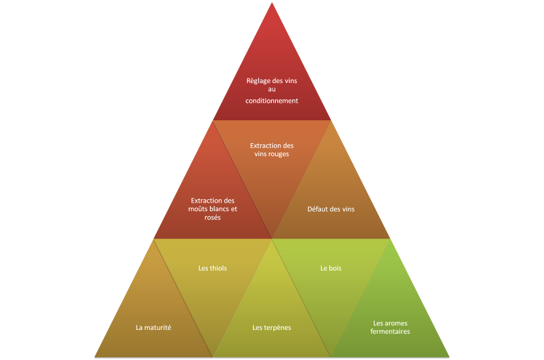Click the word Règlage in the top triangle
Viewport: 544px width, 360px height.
(258, 81)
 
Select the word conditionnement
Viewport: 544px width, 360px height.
(272, 101)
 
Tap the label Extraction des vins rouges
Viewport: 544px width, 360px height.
(272, 150)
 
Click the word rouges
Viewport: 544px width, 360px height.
(277, 154)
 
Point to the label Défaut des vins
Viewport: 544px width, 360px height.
(331, 209)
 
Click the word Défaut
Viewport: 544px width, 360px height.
(318, 209)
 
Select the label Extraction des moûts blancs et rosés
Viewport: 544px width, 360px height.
(212, 208)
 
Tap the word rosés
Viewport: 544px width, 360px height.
(212, 217)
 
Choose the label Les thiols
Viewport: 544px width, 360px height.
(212, 268)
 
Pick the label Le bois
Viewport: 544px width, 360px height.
(331, 268)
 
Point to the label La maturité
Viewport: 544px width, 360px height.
(154, 327)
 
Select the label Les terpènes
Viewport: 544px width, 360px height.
(272, 327)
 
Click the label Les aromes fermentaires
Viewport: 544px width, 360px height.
(390, 327)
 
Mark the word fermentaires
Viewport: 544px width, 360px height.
(390, 332)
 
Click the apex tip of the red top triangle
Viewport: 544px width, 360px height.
(272, 3)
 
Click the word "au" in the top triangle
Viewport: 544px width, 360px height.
(272, 90)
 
